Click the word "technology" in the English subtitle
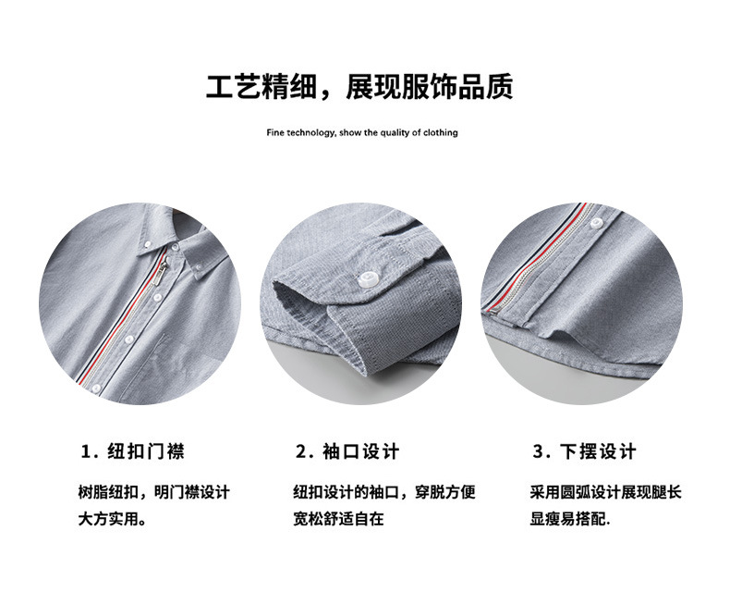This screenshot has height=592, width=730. (309, 133)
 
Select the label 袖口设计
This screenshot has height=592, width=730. (361, 452)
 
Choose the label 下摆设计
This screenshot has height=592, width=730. (598, 452)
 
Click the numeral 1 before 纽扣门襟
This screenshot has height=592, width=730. (87, 452)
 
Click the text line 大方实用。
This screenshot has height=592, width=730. (112, 518)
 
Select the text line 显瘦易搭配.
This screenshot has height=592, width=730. (569, 518)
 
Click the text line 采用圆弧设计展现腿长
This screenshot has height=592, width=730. (605, 492)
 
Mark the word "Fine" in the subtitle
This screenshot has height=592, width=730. (274, 133)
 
